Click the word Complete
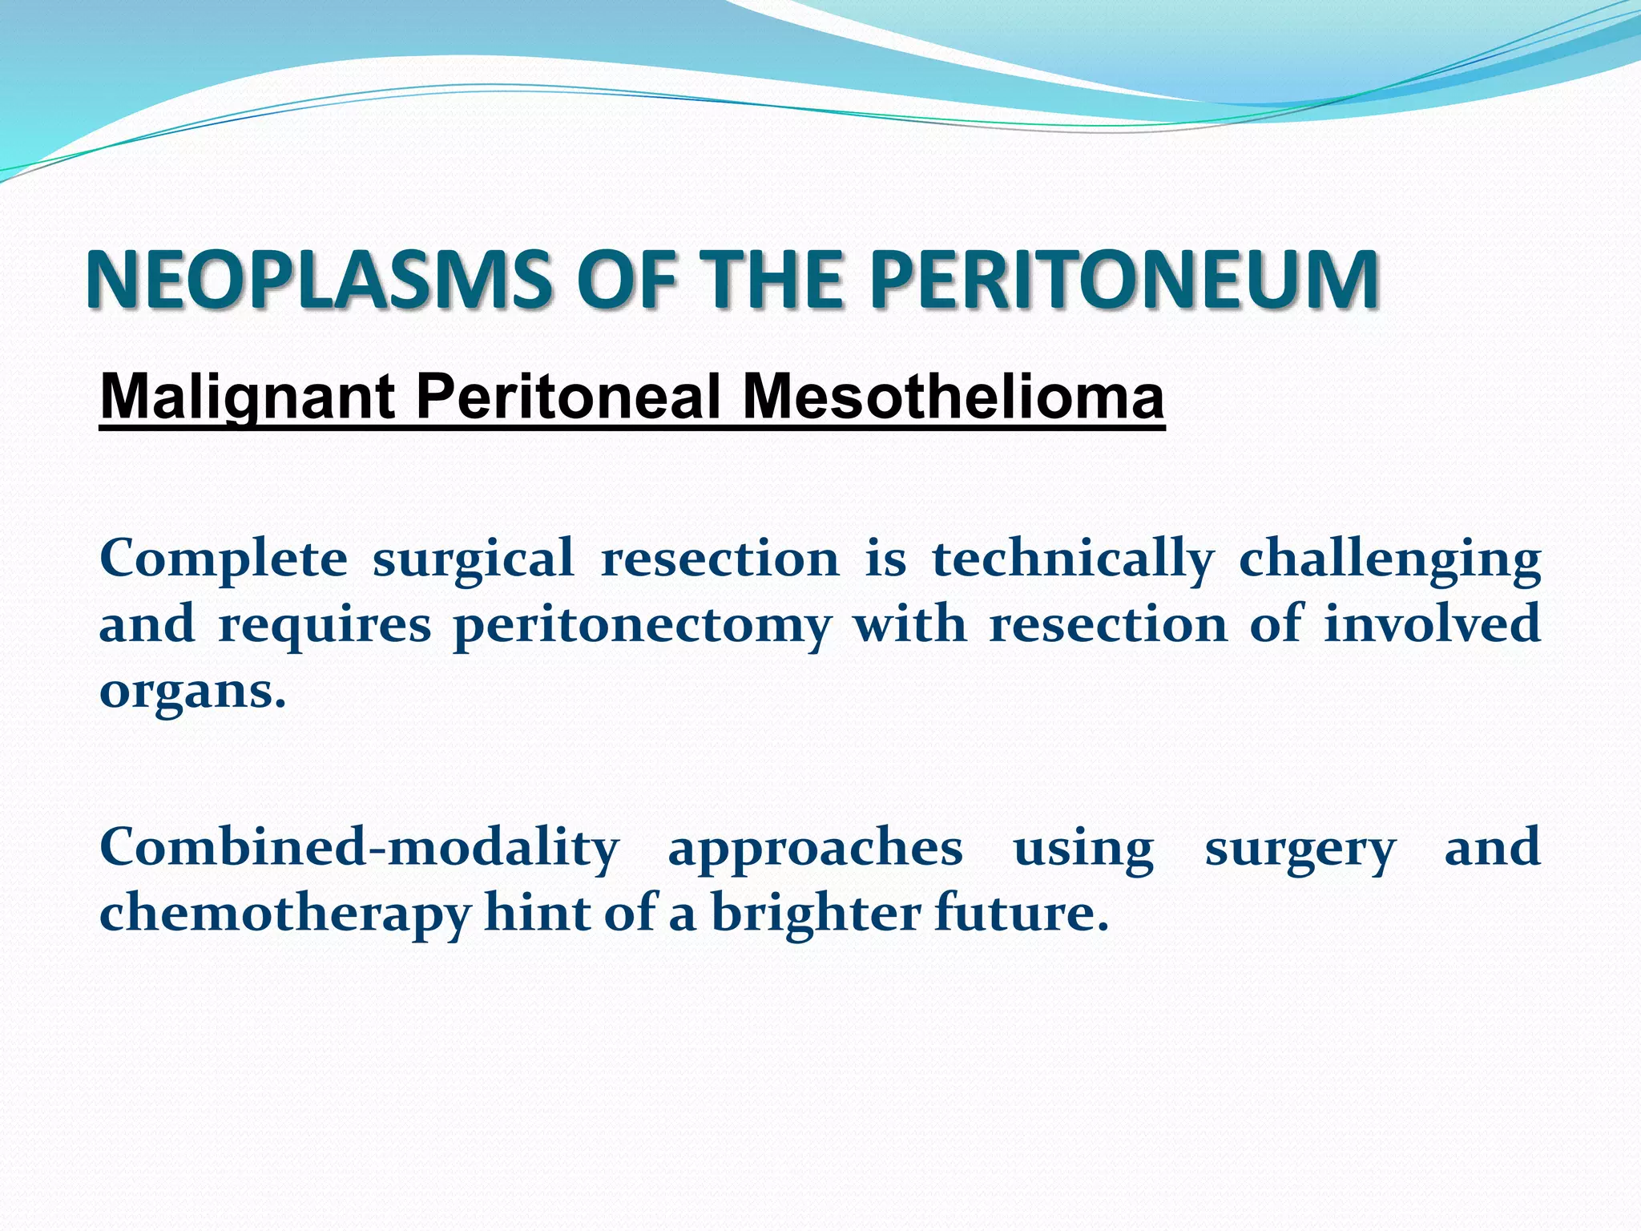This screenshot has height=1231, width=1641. [224, 559]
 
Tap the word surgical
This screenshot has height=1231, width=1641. [474, 559]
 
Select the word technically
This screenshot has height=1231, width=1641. [1073, 558]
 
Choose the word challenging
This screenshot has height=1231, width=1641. [1389, 559]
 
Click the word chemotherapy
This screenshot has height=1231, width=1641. [284, 914]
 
